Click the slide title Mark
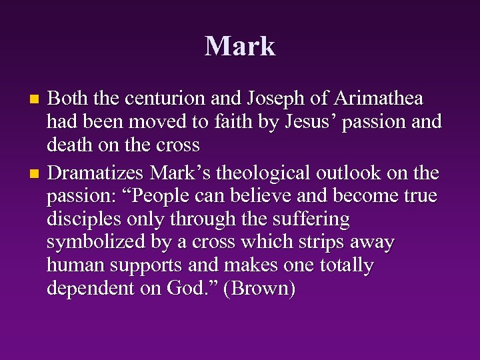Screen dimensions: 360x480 [x=240, y=46]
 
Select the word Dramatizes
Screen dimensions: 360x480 [x=97, y=173]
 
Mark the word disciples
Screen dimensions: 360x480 [x=85, y=219]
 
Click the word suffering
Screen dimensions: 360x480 [x=311, y=219]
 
